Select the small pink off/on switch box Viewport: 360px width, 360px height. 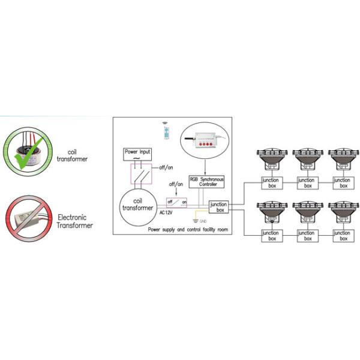(x=178, y=202)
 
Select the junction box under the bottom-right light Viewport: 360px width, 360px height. (x=341, y=235)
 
